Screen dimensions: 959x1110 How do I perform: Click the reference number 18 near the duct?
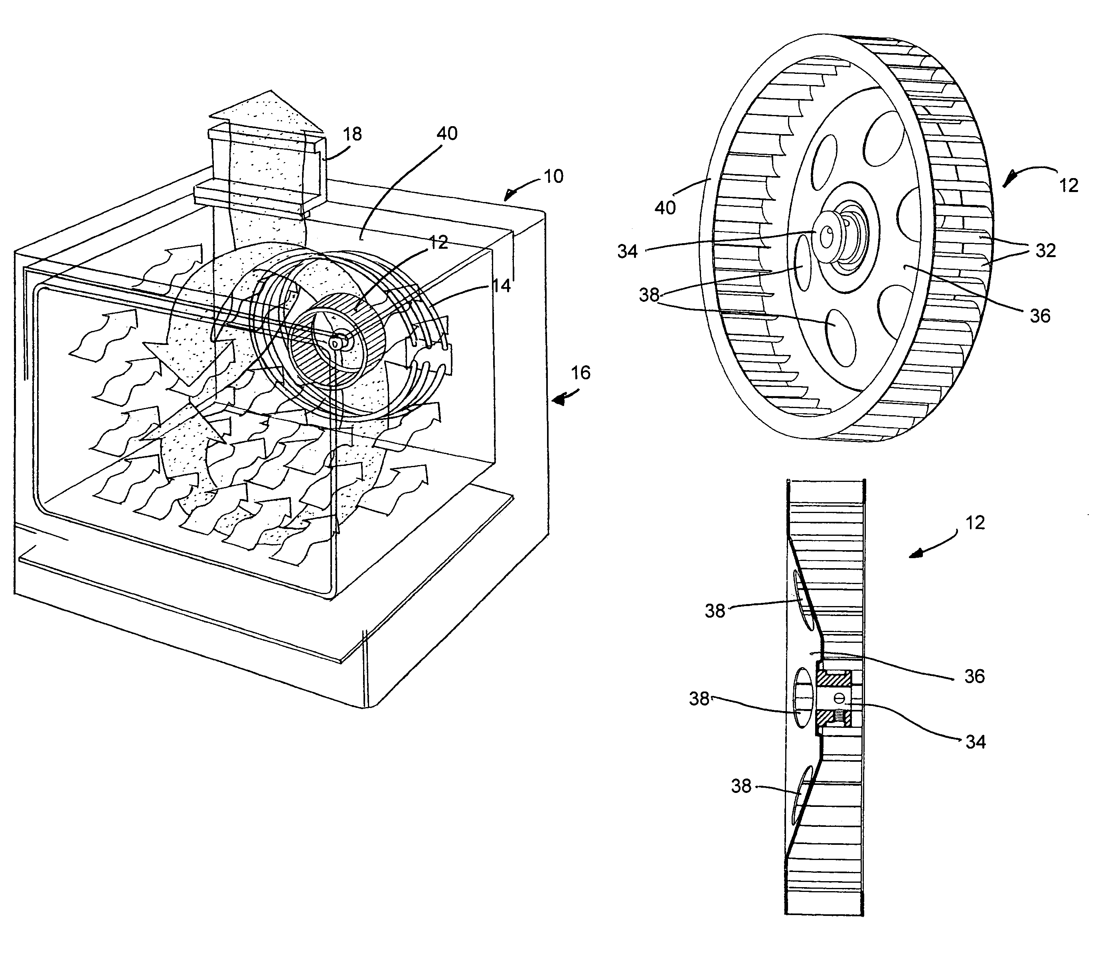click(352, 134)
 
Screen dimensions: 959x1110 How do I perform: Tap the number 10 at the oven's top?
click(553, 176)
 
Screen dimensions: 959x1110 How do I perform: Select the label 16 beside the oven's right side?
click(580, 373)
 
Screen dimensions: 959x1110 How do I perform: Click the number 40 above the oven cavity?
click(447, 133)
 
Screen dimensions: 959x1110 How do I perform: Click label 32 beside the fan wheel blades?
click(1045, 250)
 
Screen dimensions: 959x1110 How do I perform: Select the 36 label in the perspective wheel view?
click(1040, 316)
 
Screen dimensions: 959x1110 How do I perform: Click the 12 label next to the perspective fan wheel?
click(1068, 186)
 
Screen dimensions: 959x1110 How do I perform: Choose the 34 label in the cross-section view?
click(975, 742)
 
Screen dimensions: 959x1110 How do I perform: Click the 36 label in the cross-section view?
click(974, 676)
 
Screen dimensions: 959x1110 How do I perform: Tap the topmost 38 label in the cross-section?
click(715, 610)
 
